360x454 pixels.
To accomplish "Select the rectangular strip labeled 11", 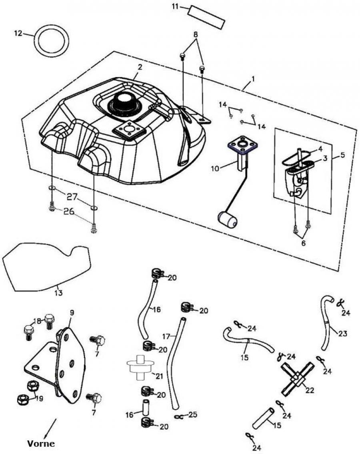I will [207, 16].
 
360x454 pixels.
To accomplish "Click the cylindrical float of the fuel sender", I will [227, 219].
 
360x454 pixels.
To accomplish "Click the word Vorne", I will [40, 443].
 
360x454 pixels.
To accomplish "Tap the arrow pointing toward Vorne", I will [51, 426].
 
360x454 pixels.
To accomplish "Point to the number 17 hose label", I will [167, 335].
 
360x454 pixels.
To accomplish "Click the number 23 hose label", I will [342, 333].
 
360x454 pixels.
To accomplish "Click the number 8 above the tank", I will [196, 35].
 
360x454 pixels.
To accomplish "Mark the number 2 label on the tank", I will [140, 67].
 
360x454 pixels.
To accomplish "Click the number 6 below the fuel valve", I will [303, 243].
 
